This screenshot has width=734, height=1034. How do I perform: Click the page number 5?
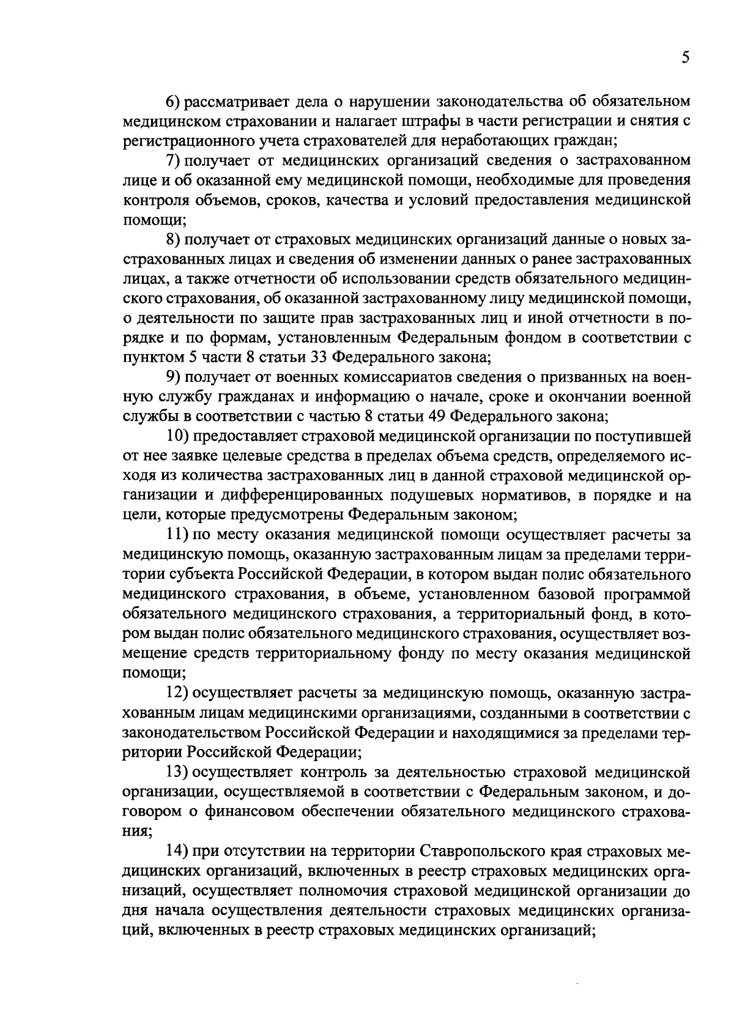point(685,58)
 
